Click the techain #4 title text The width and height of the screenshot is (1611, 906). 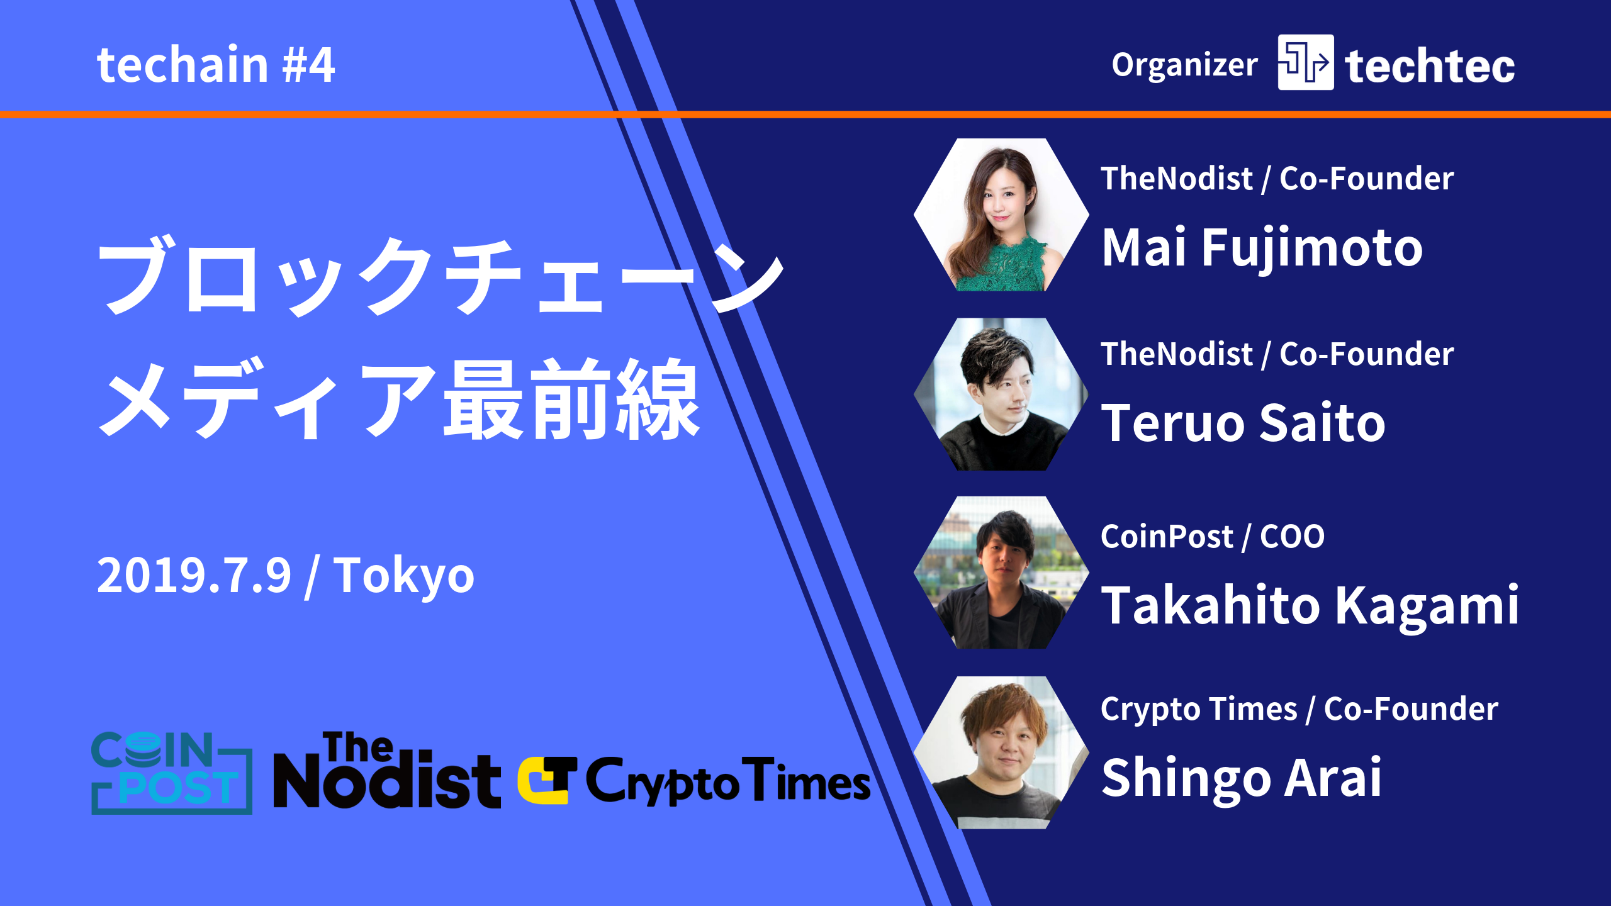pos(215,65)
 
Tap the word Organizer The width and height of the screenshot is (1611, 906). pos(1184,65)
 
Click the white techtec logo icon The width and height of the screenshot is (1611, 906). pos(1305,62)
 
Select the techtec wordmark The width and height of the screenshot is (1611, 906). pos(1430,66)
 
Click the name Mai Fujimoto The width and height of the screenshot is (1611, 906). pos(1262,248)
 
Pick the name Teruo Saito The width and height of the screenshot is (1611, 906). pos(1243,423)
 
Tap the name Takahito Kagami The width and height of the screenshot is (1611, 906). pos(1310,605)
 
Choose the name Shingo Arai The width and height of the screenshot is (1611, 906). pos(1241,778)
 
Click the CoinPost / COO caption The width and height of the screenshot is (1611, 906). pos(1212,537)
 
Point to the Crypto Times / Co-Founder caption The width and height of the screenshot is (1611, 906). pos(1299,710)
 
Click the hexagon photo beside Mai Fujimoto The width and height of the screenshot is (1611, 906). pos(1001,215)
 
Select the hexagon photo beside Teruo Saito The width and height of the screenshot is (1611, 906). pos(1001,394)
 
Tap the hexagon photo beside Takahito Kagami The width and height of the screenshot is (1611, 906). pos(1001,573)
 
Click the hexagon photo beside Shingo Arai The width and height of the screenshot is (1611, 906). pos(1001,752)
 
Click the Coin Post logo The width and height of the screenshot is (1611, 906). pos(172,773)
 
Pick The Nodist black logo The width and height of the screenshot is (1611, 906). pos(386,771)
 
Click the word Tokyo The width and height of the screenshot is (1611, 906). pos(403,576)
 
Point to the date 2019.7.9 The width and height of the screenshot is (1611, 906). pos(194,576)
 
